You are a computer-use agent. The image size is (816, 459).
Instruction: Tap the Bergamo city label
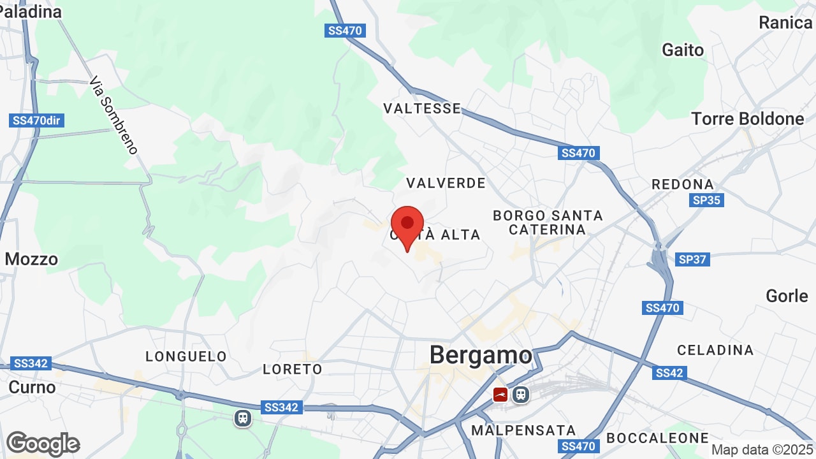coord(481,355)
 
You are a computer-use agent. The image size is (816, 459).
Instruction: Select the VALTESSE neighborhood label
coord(422,108)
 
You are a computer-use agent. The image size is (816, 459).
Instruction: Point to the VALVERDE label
coord(446,183)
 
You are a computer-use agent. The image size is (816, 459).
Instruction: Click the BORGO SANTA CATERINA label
coord(548,222)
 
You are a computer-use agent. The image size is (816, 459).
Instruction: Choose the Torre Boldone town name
coord(748,119)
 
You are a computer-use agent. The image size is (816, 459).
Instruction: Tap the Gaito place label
coord(683,50)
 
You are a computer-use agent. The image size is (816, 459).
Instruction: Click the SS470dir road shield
coord(38,120)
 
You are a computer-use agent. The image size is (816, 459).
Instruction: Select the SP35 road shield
coord(706,200)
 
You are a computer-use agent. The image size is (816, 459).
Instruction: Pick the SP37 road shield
coord(693,259)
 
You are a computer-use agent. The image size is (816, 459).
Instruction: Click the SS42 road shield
coord(669,373)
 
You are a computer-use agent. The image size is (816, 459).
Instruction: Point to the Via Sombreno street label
coord(113,115)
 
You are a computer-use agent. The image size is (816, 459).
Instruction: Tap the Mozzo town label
coord(31,259)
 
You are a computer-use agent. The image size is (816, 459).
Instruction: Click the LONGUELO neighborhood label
coord(186,356)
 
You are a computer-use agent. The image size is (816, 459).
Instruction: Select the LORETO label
coord(293,369)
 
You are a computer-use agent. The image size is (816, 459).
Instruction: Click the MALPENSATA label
coord(523,430)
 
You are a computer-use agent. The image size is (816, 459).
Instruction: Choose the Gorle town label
coord(787,296)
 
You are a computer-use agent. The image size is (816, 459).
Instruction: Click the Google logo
coord(43,444)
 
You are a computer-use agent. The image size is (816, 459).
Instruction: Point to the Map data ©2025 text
coord(762,449)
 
